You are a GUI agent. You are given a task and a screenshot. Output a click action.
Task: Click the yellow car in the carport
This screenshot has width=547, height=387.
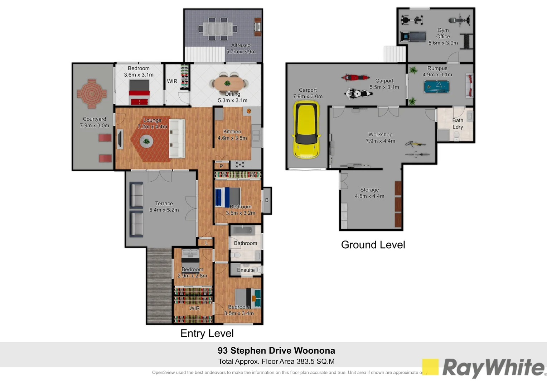pos(306,130)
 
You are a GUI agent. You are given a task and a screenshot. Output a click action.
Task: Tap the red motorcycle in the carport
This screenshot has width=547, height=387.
pos(355,77)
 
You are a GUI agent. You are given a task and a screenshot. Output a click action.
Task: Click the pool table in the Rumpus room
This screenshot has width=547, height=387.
pos(436,86)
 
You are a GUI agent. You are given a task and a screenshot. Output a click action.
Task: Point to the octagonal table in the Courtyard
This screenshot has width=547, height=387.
pos(92,94)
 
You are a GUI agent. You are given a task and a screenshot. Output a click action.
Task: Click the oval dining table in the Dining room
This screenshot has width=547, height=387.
pos(229,84)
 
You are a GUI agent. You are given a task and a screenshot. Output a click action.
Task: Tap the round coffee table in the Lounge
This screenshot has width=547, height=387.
pos(146,141)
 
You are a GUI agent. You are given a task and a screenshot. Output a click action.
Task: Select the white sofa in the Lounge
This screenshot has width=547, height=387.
pos(177,138)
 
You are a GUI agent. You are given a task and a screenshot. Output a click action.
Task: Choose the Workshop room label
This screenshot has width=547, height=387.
pos(380,134)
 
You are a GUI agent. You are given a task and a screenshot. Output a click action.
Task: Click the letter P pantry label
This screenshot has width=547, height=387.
pos(221,166)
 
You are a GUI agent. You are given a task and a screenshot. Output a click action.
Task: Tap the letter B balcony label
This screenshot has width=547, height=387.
pos(267,200)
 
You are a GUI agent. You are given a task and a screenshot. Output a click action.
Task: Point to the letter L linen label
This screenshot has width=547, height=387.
pos(206,243)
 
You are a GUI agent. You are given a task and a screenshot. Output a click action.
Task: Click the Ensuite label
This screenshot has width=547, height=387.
pos(246,270)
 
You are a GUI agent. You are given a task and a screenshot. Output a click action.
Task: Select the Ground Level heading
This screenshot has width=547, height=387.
pos(373,245)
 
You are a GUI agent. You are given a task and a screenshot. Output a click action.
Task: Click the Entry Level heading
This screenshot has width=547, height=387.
pos(207,333)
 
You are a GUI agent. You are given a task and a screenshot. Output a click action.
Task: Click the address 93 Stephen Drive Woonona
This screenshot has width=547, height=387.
pos(276,350)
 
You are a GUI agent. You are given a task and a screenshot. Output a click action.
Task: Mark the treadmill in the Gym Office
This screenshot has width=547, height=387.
pos(413,36)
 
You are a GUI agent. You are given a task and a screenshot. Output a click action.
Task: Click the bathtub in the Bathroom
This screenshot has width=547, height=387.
pos(246,230)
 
